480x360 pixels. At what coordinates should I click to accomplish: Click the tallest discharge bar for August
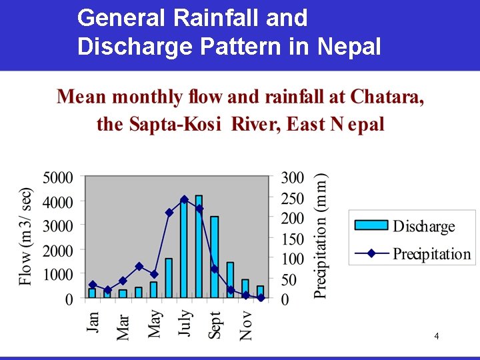(199, 246)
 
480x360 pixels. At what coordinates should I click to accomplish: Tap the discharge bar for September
(214, 257)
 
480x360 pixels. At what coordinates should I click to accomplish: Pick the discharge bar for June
(169, 277)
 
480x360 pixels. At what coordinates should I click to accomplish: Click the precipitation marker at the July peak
(184, 199)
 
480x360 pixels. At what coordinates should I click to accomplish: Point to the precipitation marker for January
(93, 285)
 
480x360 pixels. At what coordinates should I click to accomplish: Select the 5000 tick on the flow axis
(59, 178)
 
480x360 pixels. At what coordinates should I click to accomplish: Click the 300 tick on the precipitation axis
(292, 178)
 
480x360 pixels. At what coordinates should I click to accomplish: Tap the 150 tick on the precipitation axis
(292, 239)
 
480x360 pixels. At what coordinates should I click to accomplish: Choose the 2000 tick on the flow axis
(59, 251)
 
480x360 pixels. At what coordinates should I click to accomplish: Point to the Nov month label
(245, 325)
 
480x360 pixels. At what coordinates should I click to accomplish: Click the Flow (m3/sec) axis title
(25, 237)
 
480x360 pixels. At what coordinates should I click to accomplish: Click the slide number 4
(436, 336)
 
